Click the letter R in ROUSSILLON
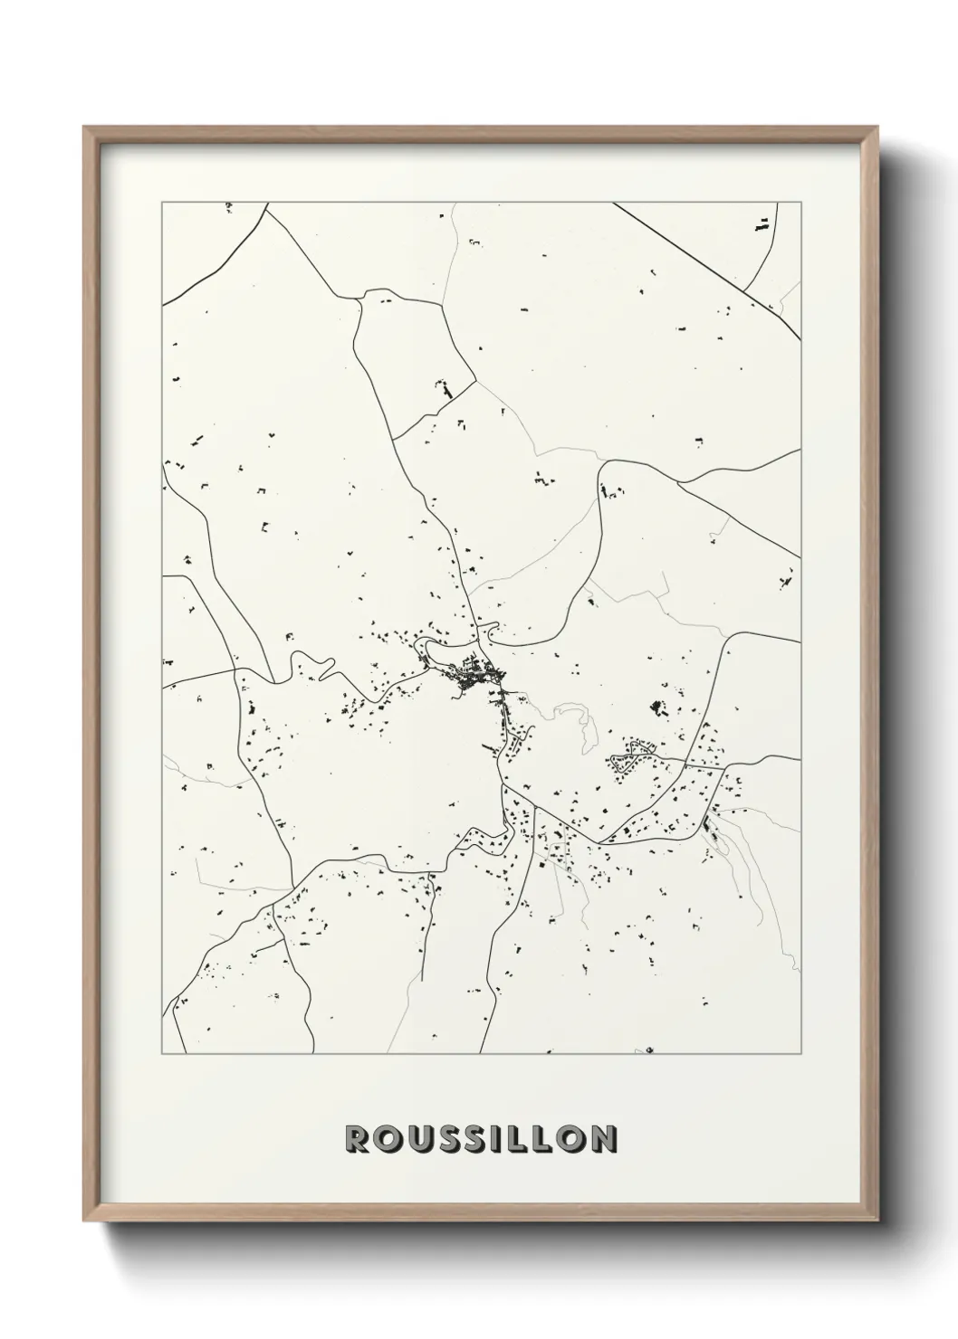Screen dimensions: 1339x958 (357, 1139)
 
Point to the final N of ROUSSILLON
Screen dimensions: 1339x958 (603, 1139)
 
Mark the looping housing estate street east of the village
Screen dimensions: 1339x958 (634, 754)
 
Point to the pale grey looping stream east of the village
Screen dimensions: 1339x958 (580, 719)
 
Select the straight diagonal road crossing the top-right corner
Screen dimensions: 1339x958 (706, 268)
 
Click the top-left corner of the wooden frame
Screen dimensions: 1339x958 (84, 127)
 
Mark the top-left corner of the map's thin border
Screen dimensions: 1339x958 (162, 203)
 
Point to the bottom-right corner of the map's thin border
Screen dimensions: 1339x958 (801, 1054)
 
